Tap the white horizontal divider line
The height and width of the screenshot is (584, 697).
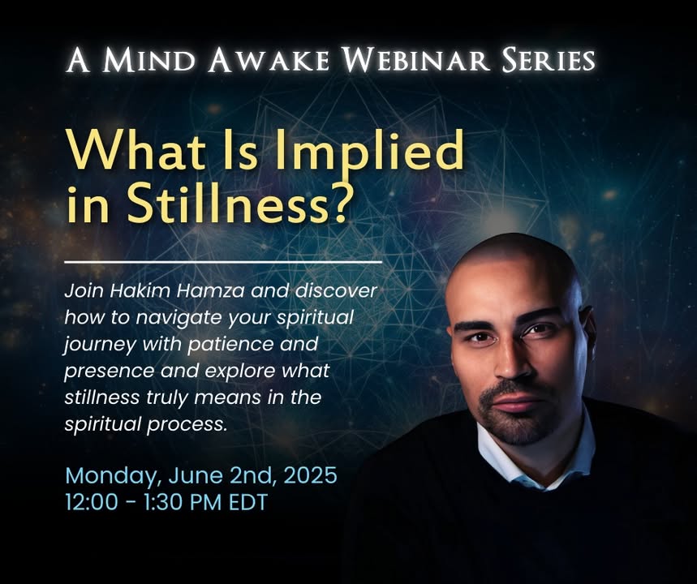(x=223, y=262)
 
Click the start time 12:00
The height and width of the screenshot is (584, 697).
(x=92, y=502)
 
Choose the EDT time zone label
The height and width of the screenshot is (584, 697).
(x=248, y=502)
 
